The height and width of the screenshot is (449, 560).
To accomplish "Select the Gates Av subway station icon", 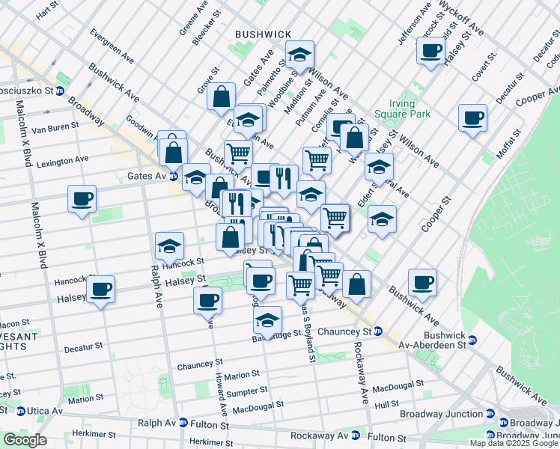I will coord(173,177).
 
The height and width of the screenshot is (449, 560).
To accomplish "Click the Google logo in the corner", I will coord(24,439).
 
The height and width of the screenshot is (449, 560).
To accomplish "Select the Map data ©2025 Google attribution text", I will coord(514,443).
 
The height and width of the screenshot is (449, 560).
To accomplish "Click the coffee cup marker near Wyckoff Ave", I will coord(430,51).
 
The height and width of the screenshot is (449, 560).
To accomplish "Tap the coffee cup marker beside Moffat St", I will coord(472,117).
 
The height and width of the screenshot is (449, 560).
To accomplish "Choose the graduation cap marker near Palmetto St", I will coord(300,54).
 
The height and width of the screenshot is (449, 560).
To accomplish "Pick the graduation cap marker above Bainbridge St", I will coord(267,320).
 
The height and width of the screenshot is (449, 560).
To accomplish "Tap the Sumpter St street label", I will coord(249,391).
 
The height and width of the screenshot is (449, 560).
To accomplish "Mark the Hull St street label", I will coord(387,403).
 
